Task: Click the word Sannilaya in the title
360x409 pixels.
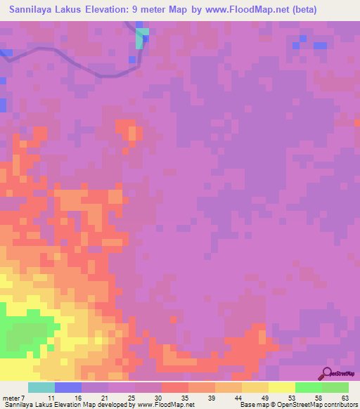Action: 34,10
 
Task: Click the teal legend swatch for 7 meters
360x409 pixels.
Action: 41,387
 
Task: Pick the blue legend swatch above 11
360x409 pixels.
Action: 68,387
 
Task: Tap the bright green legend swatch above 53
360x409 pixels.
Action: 309,387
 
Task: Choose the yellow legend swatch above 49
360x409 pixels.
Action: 255,387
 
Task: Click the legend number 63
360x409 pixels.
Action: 345,397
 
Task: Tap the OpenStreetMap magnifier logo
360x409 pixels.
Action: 326,374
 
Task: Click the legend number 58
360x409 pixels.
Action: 319,397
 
